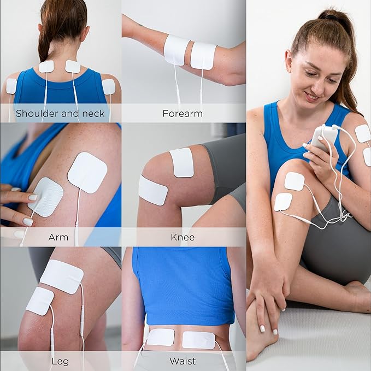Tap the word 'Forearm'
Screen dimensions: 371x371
point(182,114)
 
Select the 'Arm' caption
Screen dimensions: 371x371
point(58,237)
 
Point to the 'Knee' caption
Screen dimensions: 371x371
point(182,237)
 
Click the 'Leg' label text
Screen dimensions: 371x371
point(60,361)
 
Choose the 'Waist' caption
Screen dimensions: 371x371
point(182,361)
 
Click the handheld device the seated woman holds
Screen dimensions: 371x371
point(320,140)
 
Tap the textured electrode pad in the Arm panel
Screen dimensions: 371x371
point(47,196)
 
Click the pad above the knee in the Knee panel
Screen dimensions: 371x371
point(182,162)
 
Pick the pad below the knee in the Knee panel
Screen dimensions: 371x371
point(152,190)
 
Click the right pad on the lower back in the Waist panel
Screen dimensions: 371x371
point(198,340)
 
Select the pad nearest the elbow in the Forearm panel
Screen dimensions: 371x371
point(203,56)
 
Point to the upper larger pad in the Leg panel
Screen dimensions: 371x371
point(61,276)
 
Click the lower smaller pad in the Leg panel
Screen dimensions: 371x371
point(40,301)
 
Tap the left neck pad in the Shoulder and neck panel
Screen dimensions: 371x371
point(46,67)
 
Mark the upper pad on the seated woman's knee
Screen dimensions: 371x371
point(294,181)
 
